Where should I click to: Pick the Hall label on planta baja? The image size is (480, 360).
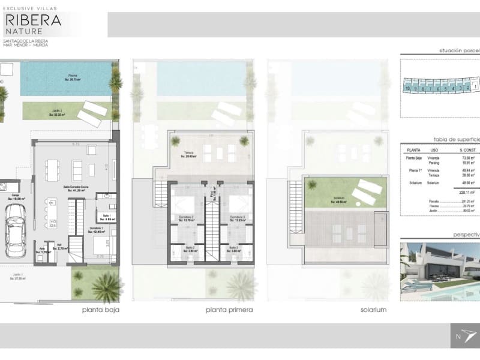tap(59, 245)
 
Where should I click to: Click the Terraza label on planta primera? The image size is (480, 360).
tap(189, 154)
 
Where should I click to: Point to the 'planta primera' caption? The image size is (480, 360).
tap(229, 310)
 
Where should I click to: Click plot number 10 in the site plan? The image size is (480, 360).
tap(407, 88)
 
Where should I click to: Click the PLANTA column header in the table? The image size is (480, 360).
tap(413, 150)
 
